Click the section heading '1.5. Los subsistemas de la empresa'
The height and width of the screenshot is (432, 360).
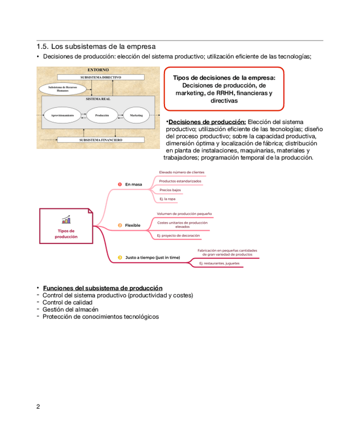(96, 47)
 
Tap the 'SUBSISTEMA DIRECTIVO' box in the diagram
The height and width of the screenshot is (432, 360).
(100, 77)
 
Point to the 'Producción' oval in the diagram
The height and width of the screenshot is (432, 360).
(101, 116)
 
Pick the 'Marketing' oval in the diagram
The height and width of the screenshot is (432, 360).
(136, 116)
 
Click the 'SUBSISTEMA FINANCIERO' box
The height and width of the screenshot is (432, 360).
(100, 139)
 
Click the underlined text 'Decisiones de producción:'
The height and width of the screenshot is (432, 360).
(207, 122)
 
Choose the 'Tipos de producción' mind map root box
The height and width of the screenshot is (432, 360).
(66, 226)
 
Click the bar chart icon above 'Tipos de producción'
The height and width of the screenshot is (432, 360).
(66, 220)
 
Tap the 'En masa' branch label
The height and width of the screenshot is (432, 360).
(133, 184)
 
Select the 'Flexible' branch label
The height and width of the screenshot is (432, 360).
(132, 225)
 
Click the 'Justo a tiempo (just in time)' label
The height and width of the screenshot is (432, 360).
(152, 258)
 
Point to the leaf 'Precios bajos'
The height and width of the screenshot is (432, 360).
(170, 190)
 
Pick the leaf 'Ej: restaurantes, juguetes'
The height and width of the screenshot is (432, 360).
(219, 263)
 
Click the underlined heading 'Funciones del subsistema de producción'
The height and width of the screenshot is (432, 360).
(102, 288)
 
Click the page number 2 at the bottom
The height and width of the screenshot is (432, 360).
(38, 407)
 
